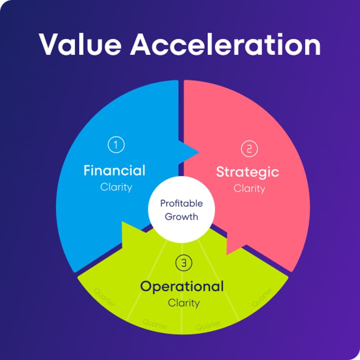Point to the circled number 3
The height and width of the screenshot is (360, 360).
(x=182, y=264)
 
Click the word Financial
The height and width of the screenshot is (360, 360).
(x=115, y=171)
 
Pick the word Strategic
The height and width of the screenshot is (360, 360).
(x=247, y=172)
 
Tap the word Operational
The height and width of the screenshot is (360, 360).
(x=182, y=286)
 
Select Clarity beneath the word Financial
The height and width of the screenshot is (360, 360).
(x=116, y=187)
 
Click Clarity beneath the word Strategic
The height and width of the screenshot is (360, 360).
(x=249, y=188)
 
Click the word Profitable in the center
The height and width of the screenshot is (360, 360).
(x=181, y=203)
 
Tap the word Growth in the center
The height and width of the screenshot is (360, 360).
(x=181, y=216)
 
